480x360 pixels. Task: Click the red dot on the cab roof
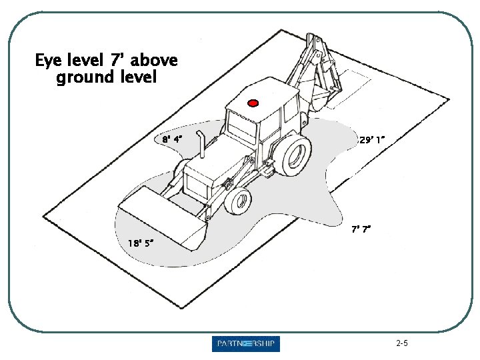[x=253, y=103]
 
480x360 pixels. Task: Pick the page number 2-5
[x=401, y=344]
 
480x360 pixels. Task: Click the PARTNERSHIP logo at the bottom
[x=246, y=344]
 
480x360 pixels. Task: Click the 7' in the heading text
[x=119, y=61]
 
